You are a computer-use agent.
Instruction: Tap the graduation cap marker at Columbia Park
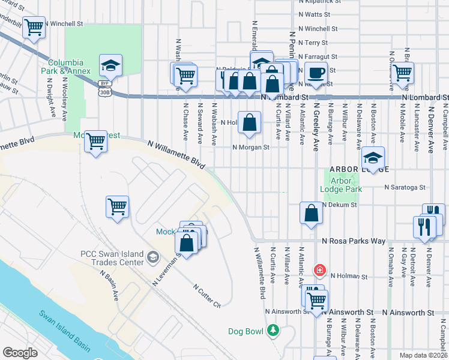[110, 65]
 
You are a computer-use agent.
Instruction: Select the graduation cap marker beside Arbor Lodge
[373, 159]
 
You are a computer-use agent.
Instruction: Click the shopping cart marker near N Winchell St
[34, 27]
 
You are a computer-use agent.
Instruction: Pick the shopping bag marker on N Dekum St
[311, 214]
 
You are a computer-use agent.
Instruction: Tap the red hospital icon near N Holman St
[320, 269]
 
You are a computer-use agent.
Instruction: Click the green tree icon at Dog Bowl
[273, 330]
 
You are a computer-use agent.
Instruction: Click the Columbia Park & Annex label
[69, 67]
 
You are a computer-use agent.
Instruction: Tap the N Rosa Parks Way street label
[353, 241]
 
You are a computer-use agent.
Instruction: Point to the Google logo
[20, 353]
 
